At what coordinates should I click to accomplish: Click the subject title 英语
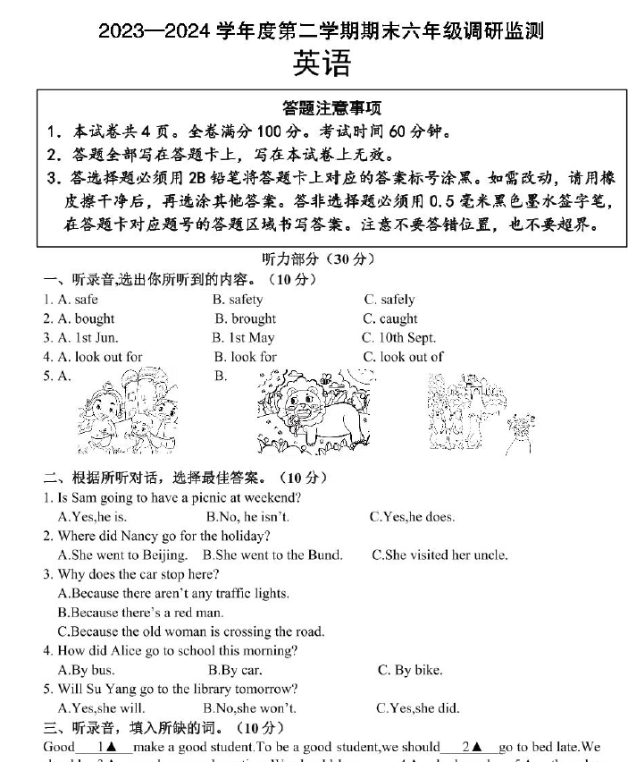pyautogui.click(x=321, y=63)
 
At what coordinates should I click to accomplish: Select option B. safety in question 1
pyautogui.click(x=238, y=300)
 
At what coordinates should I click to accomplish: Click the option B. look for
pyautogui.click(x=245, y=357)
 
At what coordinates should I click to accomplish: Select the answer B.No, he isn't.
pyautogui.click(x=247, y=517)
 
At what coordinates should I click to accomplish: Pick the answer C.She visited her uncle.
pyautogui.click(x=440, y=555)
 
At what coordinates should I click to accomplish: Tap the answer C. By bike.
pyautogui.click(x=409, y=670)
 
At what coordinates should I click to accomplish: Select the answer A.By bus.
pyautogui.click(x=86, y=670)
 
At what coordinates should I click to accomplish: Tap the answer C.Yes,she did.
pyautogui.click(x=417, y=708)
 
